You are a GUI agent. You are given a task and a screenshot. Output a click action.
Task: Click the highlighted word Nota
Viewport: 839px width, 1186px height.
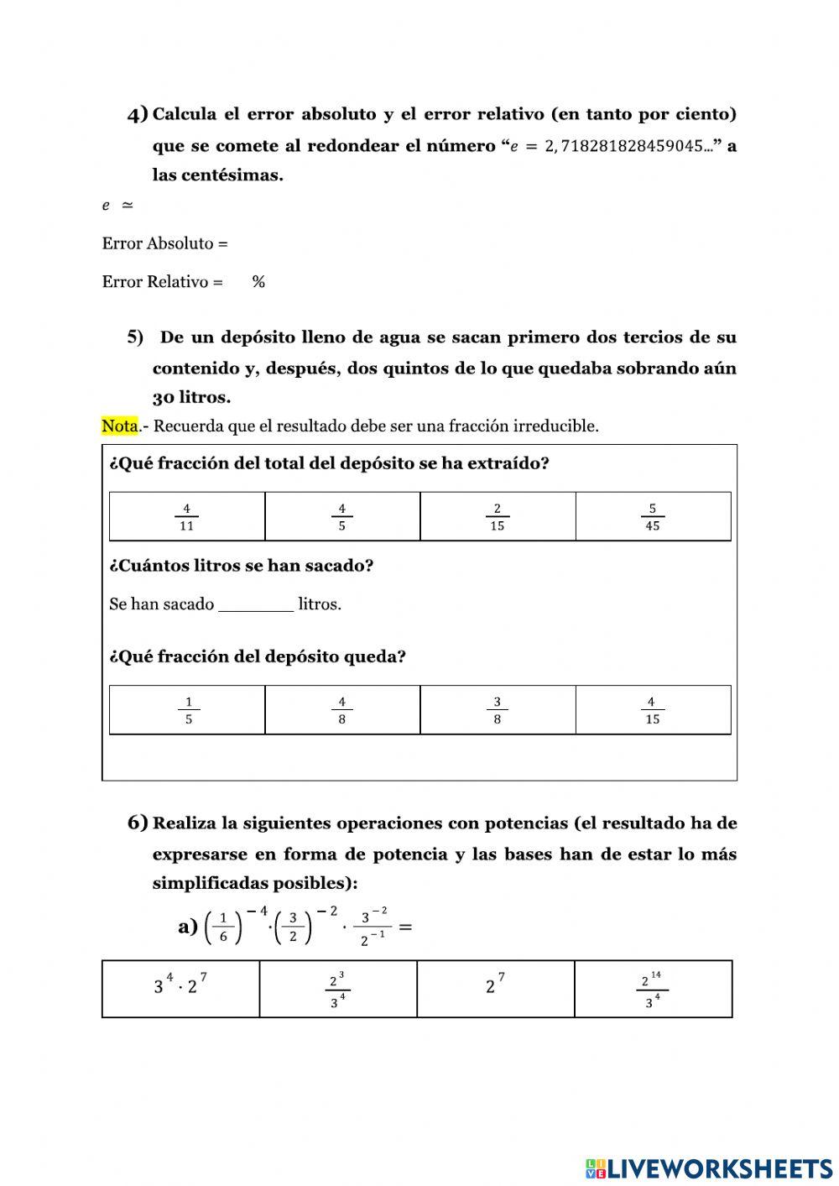pyautogui.click(x=119, y=426)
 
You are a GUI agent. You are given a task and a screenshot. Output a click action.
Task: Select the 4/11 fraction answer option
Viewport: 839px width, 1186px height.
pyautogui.click(x=186, y=517)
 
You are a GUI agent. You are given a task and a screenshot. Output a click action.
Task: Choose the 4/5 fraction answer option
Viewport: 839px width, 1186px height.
pyautogui.click(x=341, y=517)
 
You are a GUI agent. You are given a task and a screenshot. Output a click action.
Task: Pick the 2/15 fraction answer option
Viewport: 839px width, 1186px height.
pyautogui.click(x=498, y=517)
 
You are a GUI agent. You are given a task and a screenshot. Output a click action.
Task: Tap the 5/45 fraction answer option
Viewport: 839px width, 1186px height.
pyautogui.click(x=653, y=517)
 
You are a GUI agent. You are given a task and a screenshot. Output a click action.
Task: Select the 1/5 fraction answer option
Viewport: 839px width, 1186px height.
pyautogui.click(x=188, y=710)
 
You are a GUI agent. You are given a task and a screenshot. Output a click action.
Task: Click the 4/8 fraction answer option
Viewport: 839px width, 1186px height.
pyautogui.click(x=341, y=710)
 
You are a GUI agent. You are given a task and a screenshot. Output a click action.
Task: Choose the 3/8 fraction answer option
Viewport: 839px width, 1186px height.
pyautogui.click(x=498, y=710)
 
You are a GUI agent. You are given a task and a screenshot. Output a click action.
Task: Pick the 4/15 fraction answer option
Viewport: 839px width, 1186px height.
pyautogui.click(x=653, y=710)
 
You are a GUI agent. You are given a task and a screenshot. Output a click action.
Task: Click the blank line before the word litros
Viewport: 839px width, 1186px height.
pyautogui.click(x=256, y=605)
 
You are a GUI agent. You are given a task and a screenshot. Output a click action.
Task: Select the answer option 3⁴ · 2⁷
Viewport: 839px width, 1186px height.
pyautogui.click(x=180, y=988)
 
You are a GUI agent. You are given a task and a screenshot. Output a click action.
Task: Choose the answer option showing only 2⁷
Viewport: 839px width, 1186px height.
pyautogui.click(x=495, y=988)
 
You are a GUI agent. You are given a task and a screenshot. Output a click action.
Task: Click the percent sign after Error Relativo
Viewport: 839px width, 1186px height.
pyautogui.click(x=258, y=282)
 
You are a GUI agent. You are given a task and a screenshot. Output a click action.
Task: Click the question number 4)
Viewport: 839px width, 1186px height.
pyautogui.click(x=138, y=114)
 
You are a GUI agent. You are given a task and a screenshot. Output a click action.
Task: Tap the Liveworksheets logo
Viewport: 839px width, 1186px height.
pyautogui.click(x=709, y=1168)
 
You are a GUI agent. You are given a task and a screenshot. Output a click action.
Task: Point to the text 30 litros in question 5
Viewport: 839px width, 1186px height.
pyautogui.click(x=191, y=397)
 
